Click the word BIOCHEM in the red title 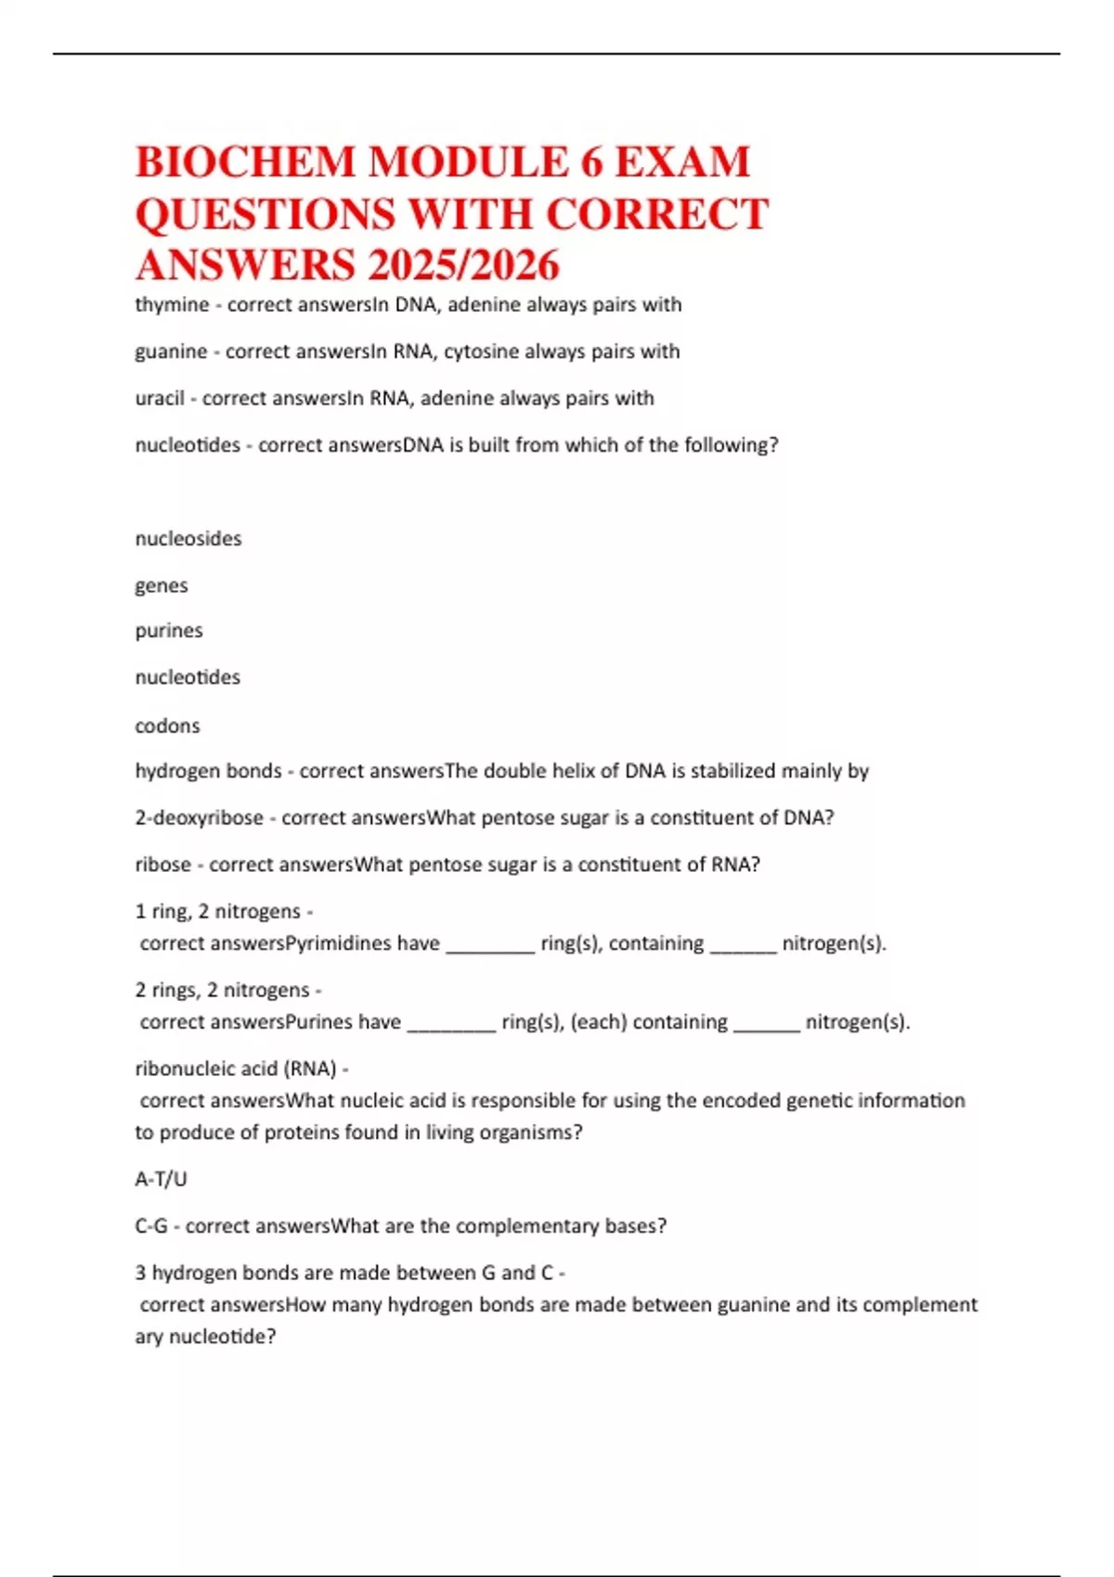[x=245, y=162]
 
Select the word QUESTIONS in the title [x=265, y=214]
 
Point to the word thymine [x=172, y=305]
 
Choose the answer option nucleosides [x=188, y=539]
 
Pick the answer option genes [x=162, y=585]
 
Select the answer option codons [x=167, y=725]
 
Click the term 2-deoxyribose [x=199, y=818]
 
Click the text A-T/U [x=161, y=1179]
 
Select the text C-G [x=151, y=1226]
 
